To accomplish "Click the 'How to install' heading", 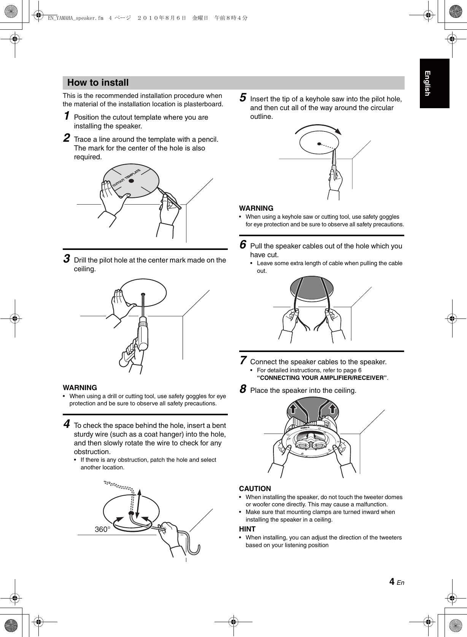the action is pos(98,82).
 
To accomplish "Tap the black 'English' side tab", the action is pos(434,83).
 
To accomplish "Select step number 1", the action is pos(67,116).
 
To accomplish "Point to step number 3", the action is pos(67,259).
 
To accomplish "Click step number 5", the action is pos(243,98).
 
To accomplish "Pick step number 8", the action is pos(243,389).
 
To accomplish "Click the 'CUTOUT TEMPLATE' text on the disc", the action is pos(127,178).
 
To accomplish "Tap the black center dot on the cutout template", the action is pos(131,181).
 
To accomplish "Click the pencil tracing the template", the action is pos(169,198).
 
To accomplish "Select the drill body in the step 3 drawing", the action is pos(143,333).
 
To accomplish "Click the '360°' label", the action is pos(102,529).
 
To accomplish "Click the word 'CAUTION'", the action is pos(255,488).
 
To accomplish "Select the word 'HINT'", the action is pos(247,529).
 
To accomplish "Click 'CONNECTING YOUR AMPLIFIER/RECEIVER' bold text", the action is pos(322,378).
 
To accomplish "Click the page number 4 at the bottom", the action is pos(392,581).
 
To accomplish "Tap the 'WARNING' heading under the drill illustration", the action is pos(80,387).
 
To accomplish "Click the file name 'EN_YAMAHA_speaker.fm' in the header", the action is pos(76,18).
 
